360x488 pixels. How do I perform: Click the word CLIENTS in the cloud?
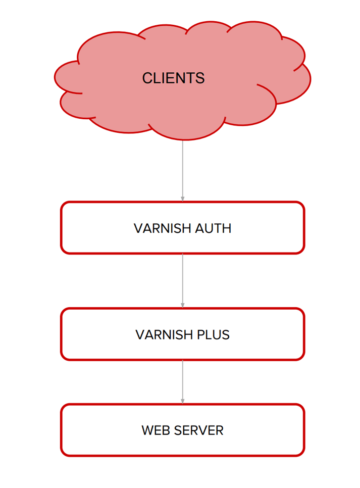(x=173, y=78)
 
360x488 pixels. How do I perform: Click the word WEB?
(x=154, y=430)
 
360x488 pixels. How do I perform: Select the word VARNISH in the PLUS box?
(x=161, y=334)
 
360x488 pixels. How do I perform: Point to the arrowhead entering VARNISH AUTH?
(x=182, y=199)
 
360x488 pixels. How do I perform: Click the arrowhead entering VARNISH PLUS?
(x=182, y=305)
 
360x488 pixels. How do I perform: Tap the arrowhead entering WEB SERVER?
(x=182, y=401)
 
